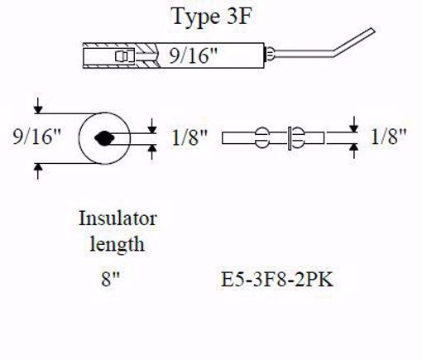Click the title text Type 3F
pos(207,16)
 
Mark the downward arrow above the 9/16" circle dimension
pos(37,108)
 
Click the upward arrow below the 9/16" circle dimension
pos(37,169)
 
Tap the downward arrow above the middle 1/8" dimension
pos(153,125)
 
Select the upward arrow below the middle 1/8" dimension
pos(153,150)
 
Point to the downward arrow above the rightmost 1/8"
pos(353,125)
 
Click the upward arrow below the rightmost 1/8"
pos(353,150)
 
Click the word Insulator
pos(117,219)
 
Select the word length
pos(118,244)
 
